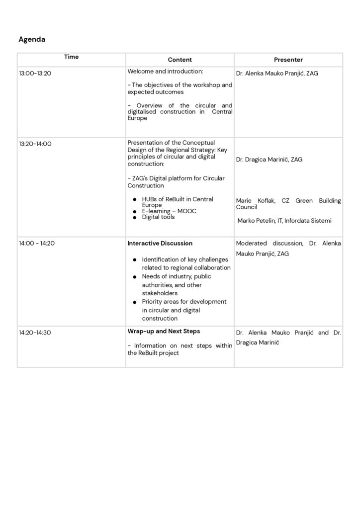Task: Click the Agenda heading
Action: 32,39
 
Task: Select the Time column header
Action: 71,57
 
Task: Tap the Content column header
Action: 180,60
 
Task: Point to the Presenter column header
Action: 288,60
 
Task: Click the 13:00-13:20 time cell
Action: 35,73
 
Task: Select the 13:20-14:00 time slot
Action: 35,144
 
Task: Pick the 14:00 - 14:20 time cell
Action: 37,244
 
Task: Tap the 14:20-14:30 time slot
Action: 35,333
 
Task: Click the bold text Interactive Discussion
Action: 160,244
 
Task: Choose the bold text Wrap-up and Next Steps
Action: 164,331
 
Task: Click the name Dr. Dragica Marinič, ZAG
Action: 269,160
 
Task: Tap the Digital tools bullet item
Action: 158,217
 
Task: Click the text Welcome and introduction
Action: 165,72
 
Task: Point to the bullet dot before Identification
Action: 135,260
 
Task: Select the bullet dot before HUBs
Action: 135,199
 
